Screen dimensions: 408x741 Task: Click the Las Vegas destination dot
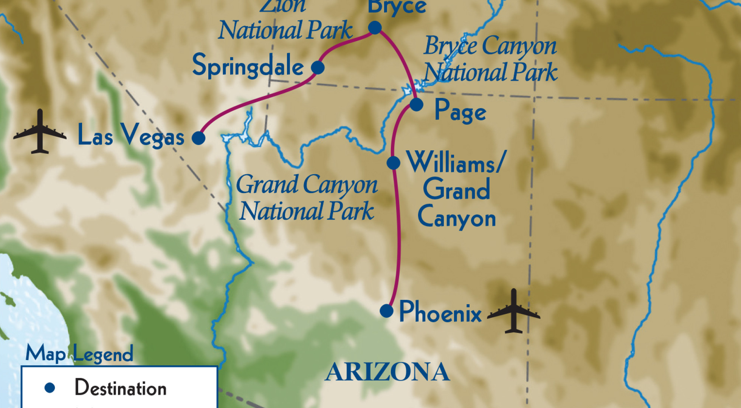pos(198,138)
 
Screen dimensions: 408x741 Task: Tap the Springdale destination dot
pos(318,68)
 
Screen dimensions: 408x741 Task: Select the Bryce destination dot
pos(375,27)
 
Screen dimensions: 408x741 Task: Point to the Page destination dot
pos(416,104)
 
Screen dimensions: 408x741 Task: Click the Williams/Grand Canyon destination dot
pos(393,163)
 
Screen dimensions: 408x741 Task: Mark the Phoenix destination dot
pos(386,311)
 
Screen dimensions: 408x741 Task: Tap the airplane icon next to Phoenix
pos(513,311)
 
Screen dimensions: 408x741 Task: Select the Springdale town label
pos(248,66)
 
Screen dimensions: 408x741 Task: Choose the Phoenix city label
pos(440,312)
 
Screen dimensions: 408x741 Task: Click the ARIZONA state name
pos(387,372)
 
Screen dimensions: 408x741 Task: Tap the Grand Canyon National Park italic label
pos(307,198)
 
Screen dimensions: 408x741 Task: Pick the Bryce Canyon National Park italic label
pos(490,59)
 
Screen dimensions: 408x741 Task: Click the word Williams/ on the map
pos(455,163)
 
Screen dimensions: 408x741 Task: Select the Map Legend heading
pos(79,354)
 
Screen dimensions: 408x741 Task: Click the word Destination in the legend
pos(121,388)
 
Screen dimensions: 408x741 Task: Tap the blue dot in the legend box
pos(50,388)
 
